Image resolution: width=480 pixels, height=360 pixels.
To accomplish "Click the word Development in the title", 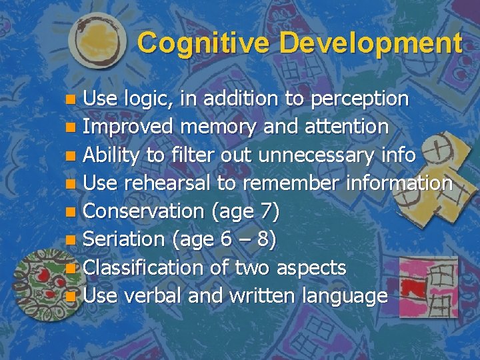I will (x=371, y=43).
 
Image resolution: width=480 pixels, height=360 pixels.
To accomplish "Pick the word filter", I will (x=194, y=155).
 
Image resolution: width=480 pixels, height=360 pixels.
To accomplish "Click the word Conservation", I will (x=143, y=211).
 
